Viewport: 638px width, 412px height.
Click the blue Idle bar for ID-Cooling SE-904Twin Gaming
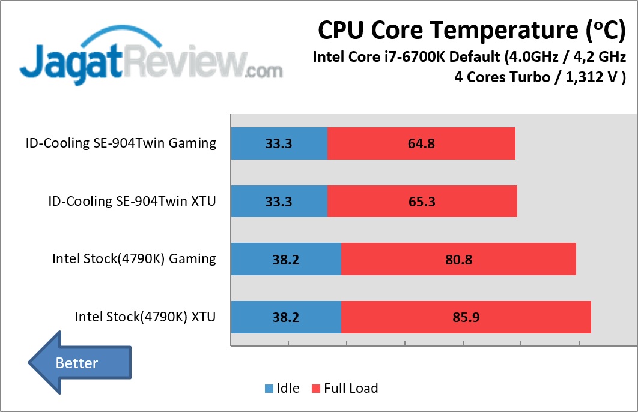pos(279,143)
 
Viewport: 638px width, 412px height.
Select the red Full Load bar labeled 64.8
pos(421,143)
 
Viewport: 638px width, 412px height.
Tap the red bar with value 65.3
pos(422,201)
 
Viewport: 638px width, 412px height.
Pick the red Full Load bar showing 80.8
pos(458,259)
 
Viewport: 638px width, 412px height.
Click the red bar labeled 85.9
pos(466,317)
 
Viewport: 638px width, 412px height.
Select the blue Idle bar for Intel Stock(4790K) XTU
pos(286,317)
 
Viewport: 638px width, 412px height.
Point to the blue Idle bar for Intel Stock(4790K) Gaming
pos(286,259)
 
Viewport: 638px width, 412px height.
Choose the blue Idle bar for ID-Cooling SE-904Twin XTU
pos(279,201)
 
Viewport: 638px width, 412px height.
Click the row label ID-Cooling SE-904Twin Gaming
pos(121,143)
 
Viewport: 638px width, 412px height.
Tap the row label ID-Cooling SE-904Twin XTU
pos(132,201)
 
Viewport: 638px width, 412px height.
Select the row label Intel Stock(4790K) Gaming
pos(134,259)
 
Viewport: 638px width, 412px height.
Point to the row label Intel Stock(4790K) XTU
pos(145,317)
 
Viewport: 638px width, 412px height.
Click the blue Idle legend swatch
pos(269,389)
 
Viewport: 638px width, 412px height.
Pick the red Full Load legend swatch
pos(315,389)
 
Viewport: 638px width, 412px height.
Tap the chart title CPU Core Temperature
pos(471,29)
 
